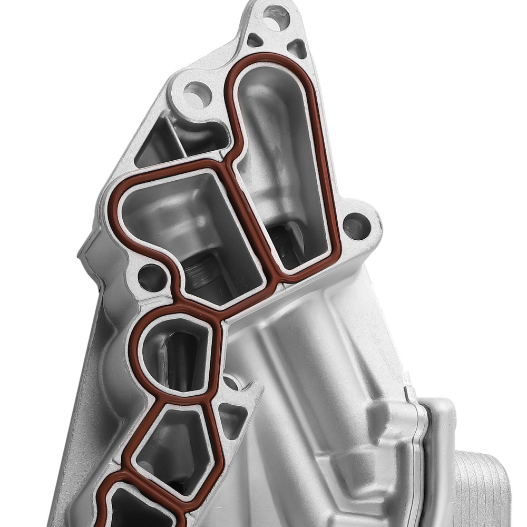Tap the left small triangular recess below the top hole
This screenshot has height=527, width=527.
255,40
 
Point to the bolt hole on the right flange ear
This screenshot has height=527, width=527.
357,226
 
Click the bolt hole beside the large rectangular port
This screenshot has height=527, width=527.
152,277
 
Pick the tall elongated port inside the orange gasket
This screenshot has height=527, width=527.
279,158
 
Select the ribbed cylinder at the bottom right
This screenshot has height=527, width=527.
480,490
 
